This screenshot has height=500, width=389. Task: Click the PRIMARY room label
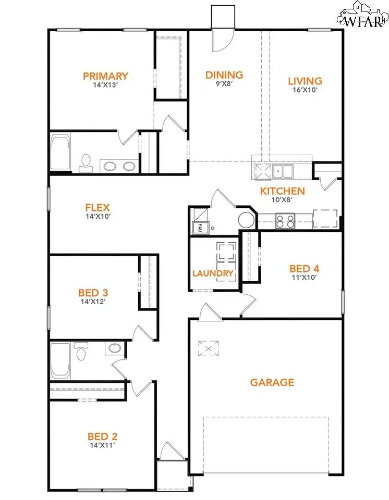click(x=105, y=76)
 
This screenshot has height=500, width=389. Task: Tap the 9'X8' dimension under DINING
click(x=224, y=84)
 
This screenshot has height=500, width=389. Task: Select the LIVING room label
click(x=305, y=81)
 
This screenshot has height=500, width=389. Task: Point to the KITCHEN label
click(x=282, y=191)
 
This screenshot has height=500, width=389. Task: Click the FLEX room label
click(x=98, y=208)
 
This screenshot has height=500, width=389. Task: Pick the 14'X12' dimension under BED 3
click(x=93, y=302)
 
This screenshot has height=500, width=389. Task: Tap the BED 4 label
click(x=305, y=269)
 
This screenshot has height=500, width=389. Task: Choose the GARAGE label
click(x=272, y=382)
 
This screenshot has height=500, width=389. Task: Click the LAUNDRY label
click(x=213, y=273)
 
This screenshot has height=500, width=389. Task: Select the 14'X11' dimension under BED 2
click(x=102, y=445)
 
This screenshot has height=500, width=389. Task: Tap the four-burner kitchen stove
click(x=285, y=221)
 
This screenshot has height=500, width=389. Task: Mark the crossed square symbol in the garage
click(x=209, y=348)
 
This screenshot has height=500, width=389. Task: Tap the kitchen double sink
click(x=283, y=171)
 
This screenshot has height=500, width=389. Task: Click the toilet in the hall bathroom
click(x=81, y=351)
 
